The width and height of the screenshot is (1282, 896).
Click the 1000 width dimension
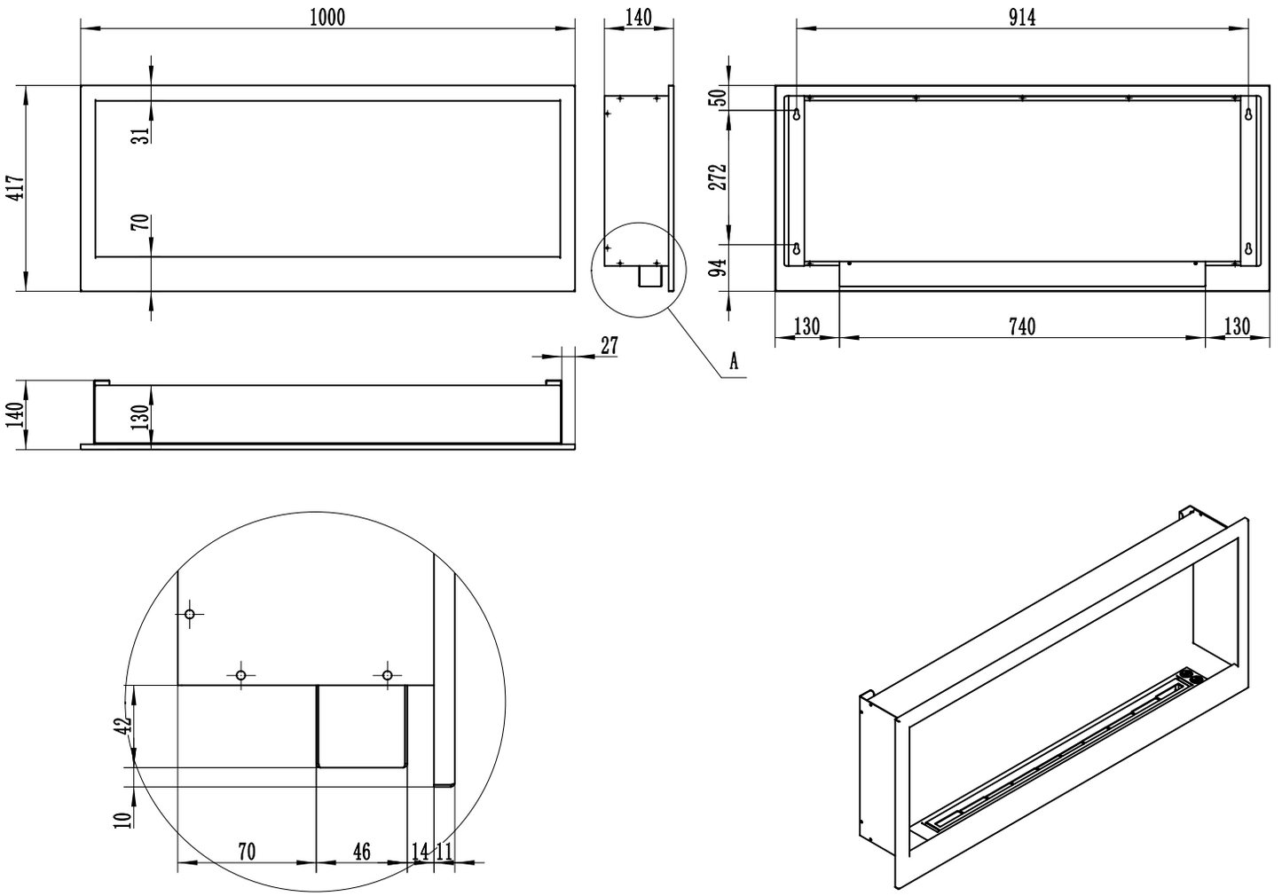tap(327, 18)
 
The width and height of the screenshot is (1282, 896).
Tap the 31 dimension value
tap(139, 135)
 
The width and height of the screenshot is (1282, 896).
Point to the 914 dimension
tap(1022, 18)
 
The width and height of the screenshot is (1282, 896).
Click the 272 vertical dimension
tap(719, 176)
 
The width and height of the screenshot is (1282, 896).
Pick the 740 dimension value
tap(1022, 327)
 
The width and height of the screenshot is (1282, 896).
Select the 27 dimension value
tap(609, 345)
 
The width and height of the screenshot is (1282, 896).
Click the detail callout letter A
tap(733, 360)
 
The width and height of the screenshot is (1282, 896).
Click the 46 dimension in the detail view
tap(361, 852)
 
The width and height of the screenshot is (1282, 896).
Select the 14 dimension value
tap(421, 852)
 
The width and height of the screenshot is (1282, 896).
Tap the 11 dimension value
tap(444, 852)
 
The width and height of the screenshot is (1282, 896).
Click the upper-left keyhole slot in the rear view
tap(797, 113)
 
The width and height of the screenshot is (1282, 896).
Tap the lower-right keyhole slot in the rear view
tap(1248, 249)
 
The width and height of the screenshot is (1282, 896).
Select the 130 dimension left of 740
tap(806, 327)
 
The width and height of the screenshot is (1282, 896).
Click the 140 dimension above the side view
tap(638, 18)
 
